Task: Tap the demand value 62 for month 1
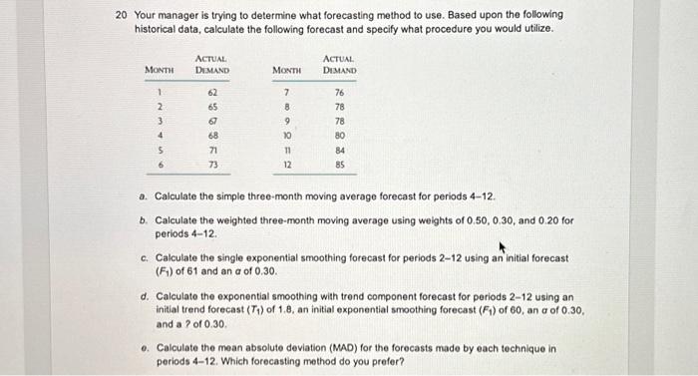(212, 92)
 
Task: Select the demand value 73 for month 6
(212, 164)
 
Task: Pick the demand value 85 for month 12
(340, 164)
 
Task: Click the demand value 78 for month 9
(340, 121)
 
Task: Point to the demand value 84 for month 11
(340, 150)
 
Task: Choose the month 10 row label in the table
(286, 135)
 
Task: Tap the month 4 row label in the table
(159, 135)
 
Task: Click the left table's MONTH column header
(160, 70)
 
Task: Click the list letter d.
(146, 295)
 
